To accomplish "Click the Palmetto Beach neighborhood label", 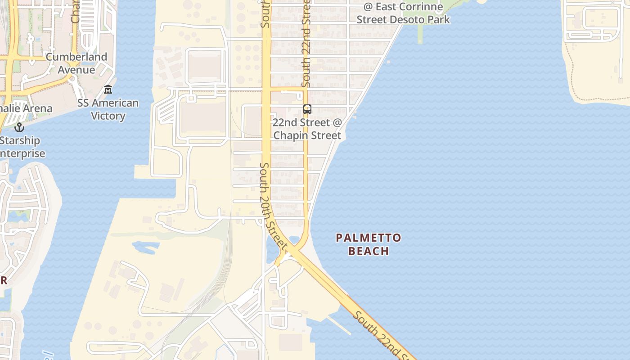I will coord(369,244).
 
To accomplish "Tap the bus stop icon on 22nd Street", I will coord(307,109).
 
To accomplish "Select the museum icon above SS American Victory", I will coord(108,90).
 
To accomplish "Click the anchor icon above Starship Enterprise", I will coord(19,127).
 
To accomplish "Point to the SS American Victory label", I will coord(108,109).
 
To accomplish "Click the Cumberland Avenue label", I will coord(76,63).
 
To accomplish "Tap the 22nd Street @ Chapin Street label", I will coord(307,129).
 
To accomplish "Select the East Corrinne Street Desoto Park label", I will coord(403,13).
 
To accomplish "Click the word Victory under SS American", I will coord(108,116).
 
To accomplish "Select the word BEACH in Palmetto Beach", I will coord(369,251).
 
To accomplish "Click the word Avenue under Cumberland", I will coord(76,70).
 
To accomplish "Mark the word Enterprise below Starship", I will coord(22,153).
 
